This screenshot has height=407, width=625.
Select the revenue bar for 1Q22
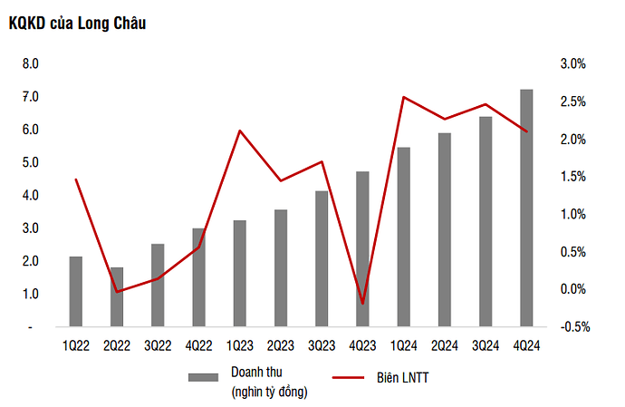(76, 291)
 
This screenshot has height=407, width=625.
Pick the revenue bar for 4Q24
(525, 208)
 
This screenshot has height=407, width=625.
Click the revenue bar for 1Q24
(403, 237)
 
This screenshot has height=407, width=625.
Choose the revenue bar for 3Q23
(322, 258)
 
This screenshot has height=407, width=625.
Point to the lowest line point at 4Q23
(362, 303)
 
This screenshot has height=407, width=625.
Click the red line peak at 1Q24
(403, 97)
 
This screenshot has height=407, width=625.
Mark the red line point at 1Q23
(240, 131)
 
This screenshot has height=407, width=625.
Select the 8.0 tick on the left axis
(30, 64)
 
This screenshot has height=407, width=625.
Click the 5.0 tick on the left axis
(30, 163)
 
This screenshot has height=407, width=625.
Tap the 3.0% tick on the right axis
(574, 64)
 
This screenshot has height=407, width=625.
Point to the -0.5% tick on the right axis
(573, 326)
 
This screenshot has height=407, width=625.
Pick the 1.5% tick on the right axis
(574, 177)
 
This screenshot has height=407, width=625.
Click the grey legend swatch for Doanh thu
(204, 376)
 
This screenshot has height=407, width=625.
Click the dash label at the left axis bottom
(30, 326)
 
